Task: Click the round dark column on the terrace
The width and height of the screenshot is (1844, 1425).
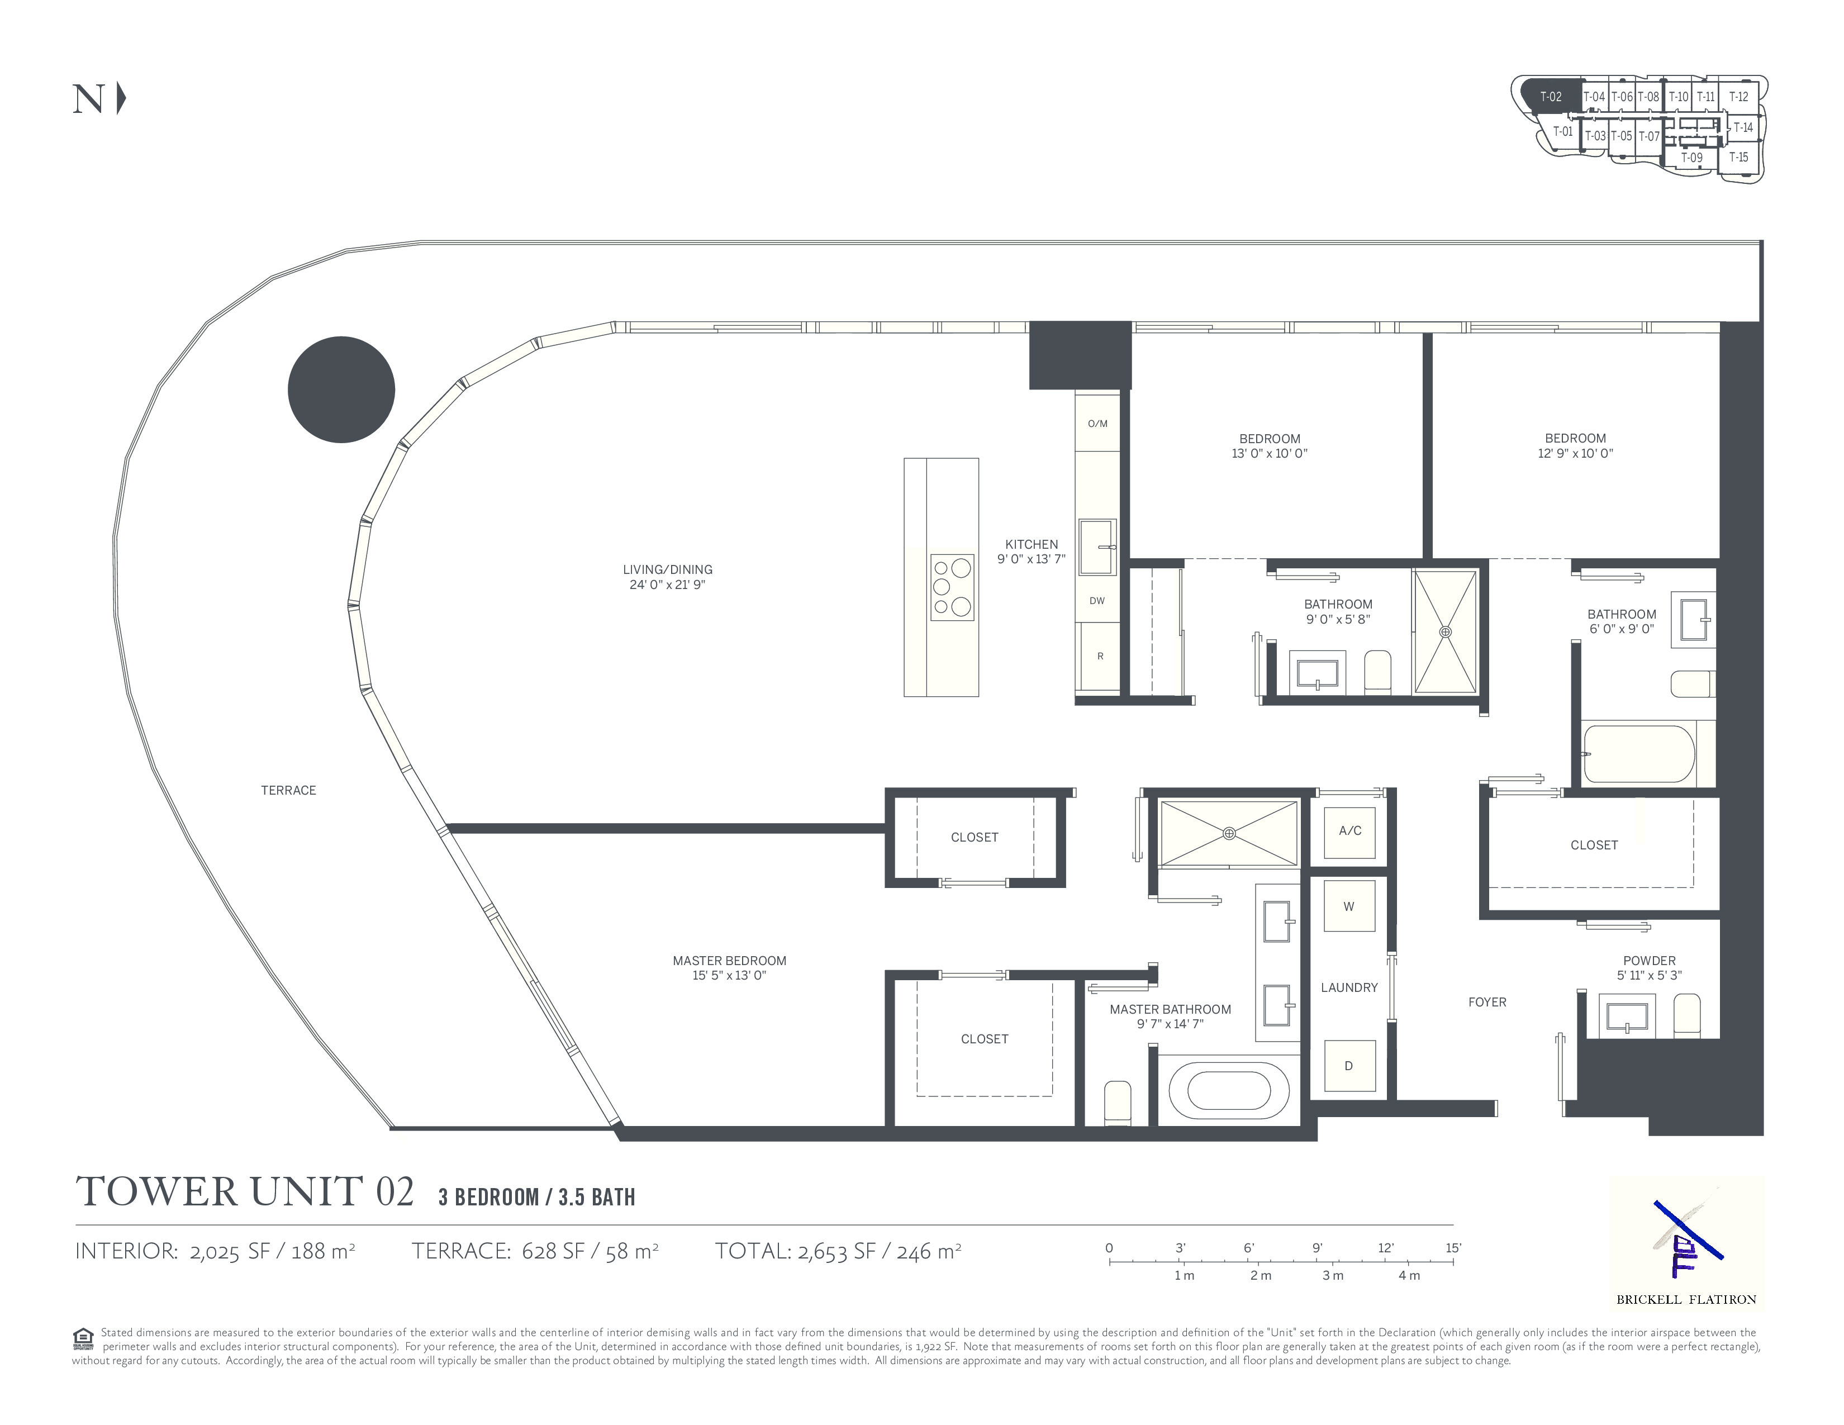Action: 341,389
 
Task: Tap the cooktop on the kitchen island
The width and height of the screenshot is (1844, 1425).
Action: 952,587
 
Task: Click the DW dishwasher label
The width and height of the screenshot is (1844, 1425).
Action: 1097,601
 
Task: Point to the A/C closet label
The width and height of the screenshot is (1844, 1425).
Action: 1349,830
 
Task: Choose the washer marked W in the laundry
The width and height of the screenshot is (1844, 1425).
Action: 1349,906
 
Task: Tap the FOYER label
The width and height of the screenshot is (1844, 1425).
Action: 1487,1002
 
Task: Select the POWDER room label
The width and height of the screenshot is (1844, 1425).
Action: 1649,961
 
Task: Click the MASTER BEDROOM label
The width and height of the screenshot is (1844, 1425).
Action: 729,961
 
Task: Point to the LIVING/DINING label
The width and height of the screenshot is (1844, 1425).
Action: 668,570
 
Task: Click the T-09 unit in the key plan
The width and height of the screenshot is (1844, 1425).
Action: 1691,158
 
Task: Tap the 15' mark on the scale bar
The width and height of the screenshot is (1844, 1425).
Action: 1453,1248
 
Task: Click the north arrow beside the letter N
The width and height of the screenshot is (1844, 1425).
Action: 122,99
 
